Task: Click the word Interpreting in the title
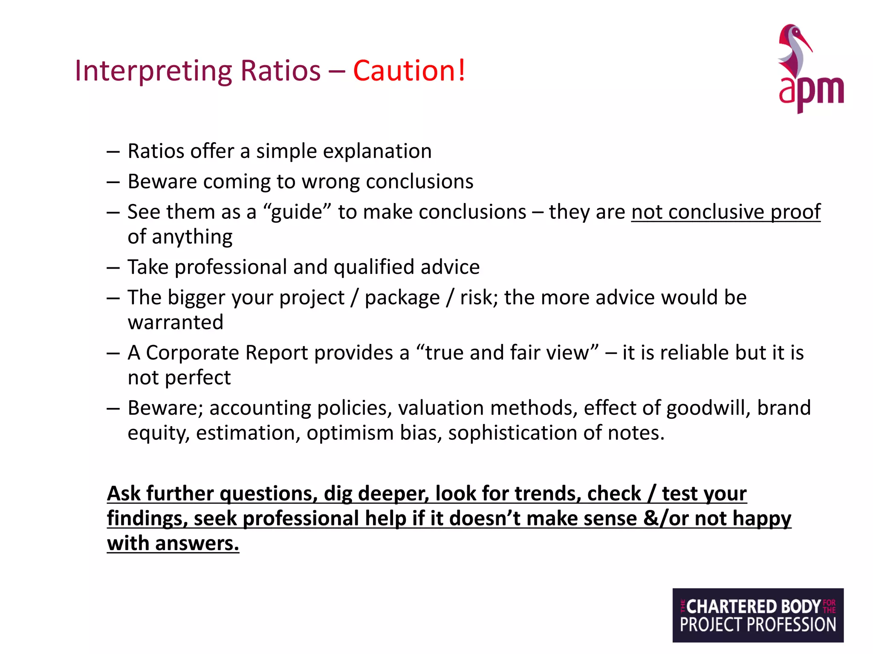pyautogui.click(x=153, y=71)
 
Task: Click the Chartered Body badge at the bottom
pyautogui.click(x=757, y=615)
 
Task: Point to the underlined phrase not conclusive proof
pyautogui.click(x=726, y=212)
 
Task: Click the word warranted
pyautogui.click(x=175, y=322)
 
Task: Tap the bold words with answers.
pyautogui.click(x=173, y=544)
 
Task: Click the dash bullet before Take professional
pyautogui.click(x=113, y=268)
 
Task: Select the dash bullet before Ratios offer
pyautogui.click(x=113, y=152)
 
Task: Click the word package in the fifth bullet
pyautogui.click(x=402, y=298)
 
